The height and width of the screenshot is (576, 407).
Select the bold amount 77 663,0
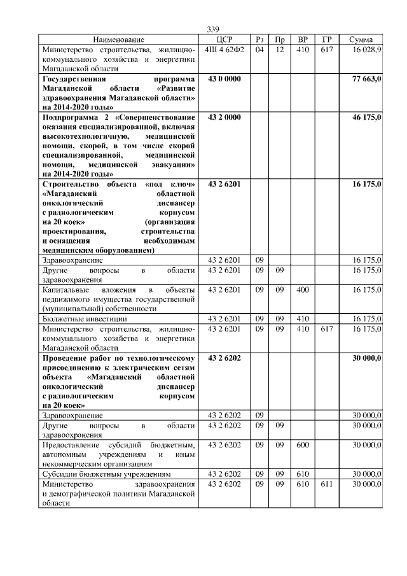click(366, 78)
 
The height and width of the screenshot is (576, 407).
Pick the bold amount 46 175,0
click(366, 118)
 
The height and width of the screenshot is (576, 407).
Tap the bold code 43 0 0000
click(224, 78)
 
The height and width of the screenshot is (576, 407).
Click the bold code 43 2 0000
click(224, 118)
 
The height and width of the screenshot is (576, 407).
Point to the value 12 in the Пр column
click(279, 50)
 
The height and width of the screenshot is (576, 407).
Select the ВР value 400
click(303, 290)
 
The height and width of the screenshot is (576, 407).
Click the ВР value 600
click(303, 444)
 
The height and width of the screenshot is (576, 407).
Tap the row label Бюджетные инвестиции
click(85, 318)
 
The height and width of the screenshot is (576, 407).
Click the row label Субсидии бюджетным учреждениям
click(102, 474)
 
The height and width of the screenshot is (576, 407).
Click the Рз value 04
click(259, 50)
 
